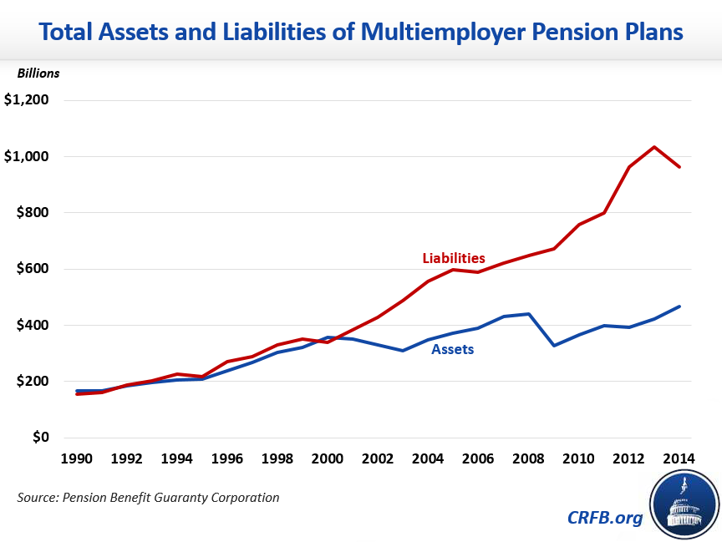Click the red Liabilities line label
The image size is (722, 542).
(x=454, y=258)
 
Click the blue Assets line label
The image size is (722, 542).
(x=452, y=349)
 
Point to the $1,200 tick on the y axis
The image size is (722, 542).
(x=27, y=100)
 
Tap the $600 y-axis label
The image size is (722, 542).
(x=33, y=269)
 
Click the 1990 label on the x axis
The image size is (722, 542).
(x=76, y=458)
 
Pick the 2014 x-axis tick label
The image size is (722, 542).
(x=679, y=458)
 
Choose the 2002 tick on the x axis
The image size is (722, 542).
(x=378, y=458)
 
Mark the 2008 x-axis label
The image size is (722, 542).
(x=529, y=458)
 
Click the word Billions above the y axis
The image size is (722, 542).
(x=38, y=73)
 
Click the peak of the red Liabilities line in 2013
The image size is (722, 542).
(x=654, y=147)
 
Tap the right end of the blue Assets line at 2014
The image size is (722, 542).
(x=679, y=306)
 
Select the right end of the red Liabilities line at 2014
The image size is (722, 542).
(x=679, y=167)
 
